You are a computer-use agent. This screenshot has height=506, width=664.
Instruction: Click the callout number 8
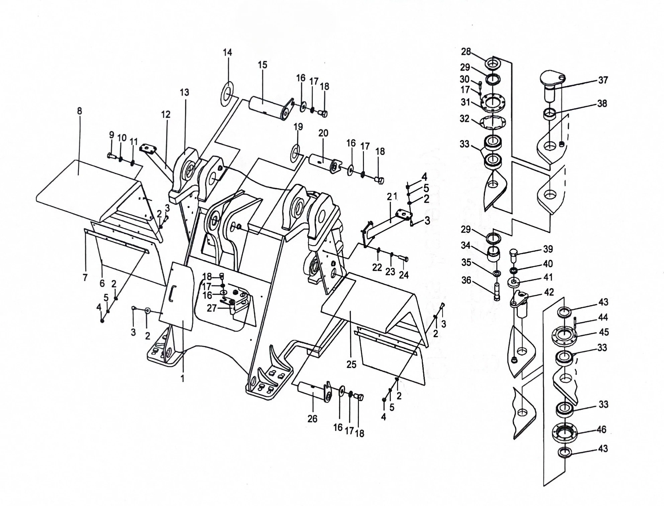[79, 111]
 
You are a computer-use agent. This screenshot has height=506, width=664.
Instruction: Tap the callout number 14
[227, 52]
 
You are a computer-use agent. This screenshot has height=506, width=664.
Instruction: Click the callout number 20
[323, 133]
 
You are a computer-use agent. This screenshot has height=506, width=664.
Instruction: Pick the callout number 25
[351, 364]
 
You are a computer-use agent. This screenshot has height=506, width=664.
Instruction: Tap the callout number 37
[603, 80]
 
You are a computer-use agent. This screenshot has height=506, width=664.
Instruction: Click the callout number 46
[601, 429]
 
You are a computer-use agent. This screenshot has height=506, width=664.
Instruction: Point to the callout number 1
[183, 379]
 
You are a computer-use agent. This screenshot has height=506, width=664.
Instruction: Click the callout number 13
[184, 92]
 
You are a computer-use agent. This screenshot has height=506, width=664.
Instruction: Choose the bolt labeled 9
[111, 155]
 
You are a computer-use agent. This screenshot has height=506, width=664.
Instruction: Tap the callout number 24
[404, 275]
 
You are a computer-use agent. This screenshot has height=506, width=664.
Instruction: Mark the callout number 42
[549, 292]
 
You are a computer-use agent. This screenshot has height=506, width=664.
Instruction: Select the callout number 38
[602, 103]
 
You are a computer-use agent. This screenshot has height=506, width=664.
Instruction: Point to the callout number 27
[211, 308]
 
